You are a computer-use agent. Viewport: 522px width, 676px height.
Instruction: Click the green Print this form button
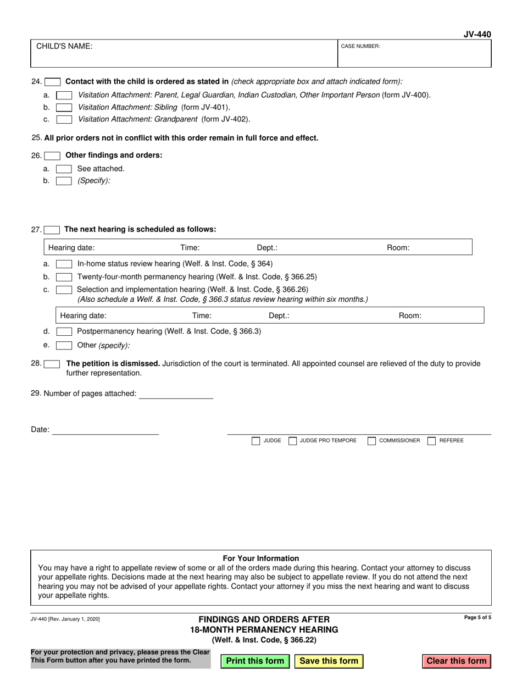pyautogui.click(x=255, y=661)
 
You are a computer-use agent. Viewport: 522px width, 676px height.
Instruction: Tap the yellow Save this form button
pyautogui.click(x=329, y=661)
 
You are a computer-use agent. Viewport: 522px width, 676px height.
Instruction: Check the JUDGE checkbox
pyautogui.click(x=256, y=441)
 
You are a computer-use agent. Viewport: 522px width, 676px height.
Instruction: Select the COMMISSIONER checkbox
pyautogui.click(x=371, y=441)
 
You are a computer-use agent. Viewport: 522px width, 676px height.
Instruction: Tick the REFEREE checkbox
pyautogui.click(x=431, y=441)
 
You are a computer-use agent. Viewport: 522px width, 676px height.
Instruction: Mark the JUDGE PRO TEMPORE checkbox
pyautogui.click(x=293, y=441)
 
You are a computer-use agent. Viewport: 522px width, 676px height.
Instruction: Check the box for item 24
pyautogui.click(x=52, y=82)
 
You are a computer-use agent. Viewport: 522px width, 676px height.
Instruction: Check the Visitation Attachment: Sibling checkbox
pyautogui.click(x=64, y=108)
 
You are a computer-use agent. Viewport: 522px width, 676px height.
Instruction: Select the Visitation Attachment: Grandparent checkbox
pyautogui.click(x=64, y=119)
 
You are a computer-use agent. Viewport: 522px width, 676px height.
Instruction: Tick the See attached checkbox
pyautogui.click(x=64, y=169)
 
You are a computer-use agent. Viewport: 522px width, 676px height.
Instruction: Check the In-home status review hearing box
pyautogui.click(x=64, y=264)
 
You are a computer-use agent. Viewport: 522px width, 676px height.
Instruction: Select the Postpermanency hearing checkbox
pyautogui.click(x=64, y=331)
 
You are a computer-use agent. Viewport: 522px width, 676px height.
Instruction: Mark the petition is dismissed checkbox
pyautogui.click(x=52, y=364)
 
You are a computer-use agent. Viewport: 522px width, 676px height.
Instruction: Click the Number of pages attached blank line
pyautogui.click(x=176, y=394)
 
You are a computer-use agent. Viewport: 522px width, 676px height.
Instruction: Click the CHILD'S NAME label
pyautogui.click(x=64, y=47)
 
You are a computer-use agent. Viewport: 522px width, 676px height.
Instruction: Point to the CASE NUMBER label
pyautogui.click(x=360, y=47)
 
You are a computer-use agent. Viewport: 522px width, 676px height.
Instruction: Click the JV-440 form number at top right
pyautogui.click(x=477, y=35)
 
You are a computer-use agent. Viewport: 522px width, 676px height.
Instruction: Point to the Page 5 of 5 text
pyautogui.click(x=477, y=618)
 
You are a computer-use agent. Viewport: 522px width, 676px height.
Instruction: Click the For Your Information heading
pyautogui.click(x=261, y=558)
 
